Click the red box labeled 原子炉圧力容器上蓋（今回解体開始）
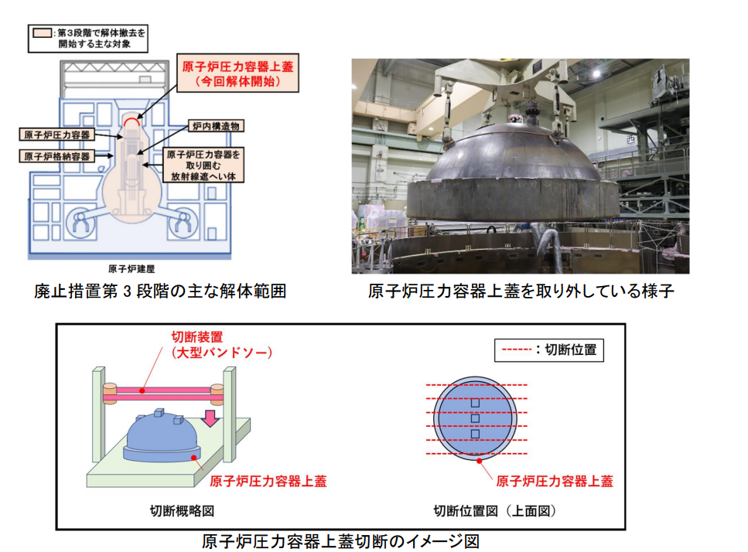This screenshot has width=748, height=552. click(x=237, y=73)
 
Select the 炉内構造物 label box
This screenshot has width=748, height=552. click(x=216, y=126)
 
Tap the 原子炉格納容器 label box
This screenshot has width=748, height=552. click(x=57, y=156)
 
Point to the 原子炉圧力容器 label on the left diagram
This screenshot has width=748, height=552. click(x=56, y=135)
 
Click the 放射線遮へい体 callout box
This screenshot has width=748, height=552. click(x=203, y=165)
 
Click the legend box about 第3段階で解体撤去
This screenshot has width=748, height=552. click(x=88, y=39)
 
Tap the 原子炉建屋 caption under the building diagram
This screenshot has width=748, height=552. click(x=131, y=269)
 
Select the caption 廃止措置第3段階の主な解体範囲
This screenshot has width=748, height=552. click(x=160, y=291)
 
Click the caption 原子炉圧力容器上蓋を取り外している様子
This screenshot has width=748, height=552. click(x=521, y=291)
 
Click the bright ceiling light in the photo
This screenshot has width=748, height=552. click(x=596, y=74)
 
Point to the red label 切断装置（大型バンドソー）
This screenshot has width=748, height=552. click(x=222, y=345)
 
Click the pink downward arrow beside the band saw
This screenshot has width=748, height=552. click(x=210, y=417)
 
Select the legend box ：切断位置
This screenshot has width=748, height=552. click(x=549, y=350)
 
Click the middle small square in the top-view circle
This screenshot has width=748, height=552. click(x=475, y=418)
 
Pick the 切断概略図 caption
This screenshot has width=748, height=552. click(x=182, y=511)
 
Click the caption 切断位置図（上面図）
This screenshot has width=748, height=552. click(x=495, y=511)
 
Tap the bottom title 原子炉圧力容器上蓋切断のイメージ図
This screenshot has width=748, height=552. click(x=340, y=541)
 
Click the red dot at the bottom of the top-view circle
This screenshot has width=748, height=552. click(x=480, y=461)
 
